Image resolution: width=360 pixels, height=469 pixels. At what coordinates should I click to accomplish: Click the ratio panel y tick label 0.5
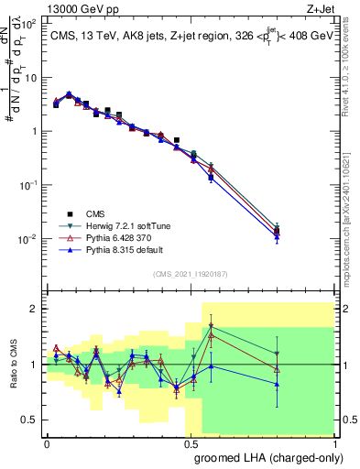[30, 420]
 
